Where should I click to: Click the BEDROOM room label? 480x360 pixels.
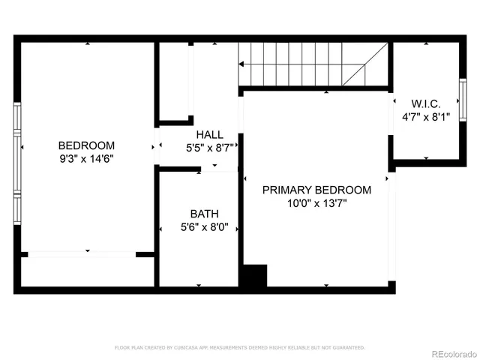86,145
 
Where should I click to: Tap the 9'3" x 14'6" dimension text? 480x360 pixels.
86,158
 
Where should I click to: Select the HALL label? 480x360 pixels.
205,134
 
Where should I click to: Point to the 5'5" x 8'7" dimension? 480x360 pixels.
210,148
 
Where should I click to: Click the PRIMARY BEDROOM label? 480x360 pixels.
316,190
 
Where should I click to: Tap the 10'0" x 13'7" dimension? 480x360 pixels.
316,203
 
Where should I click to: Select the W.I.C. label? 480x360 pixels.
424,103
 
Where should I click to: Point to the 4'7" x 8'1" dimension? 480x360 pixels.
425,116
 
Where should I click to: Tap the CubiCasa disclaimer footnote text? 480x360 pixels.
239,347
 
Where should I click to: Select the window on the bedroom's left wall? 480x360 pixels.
17,161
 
